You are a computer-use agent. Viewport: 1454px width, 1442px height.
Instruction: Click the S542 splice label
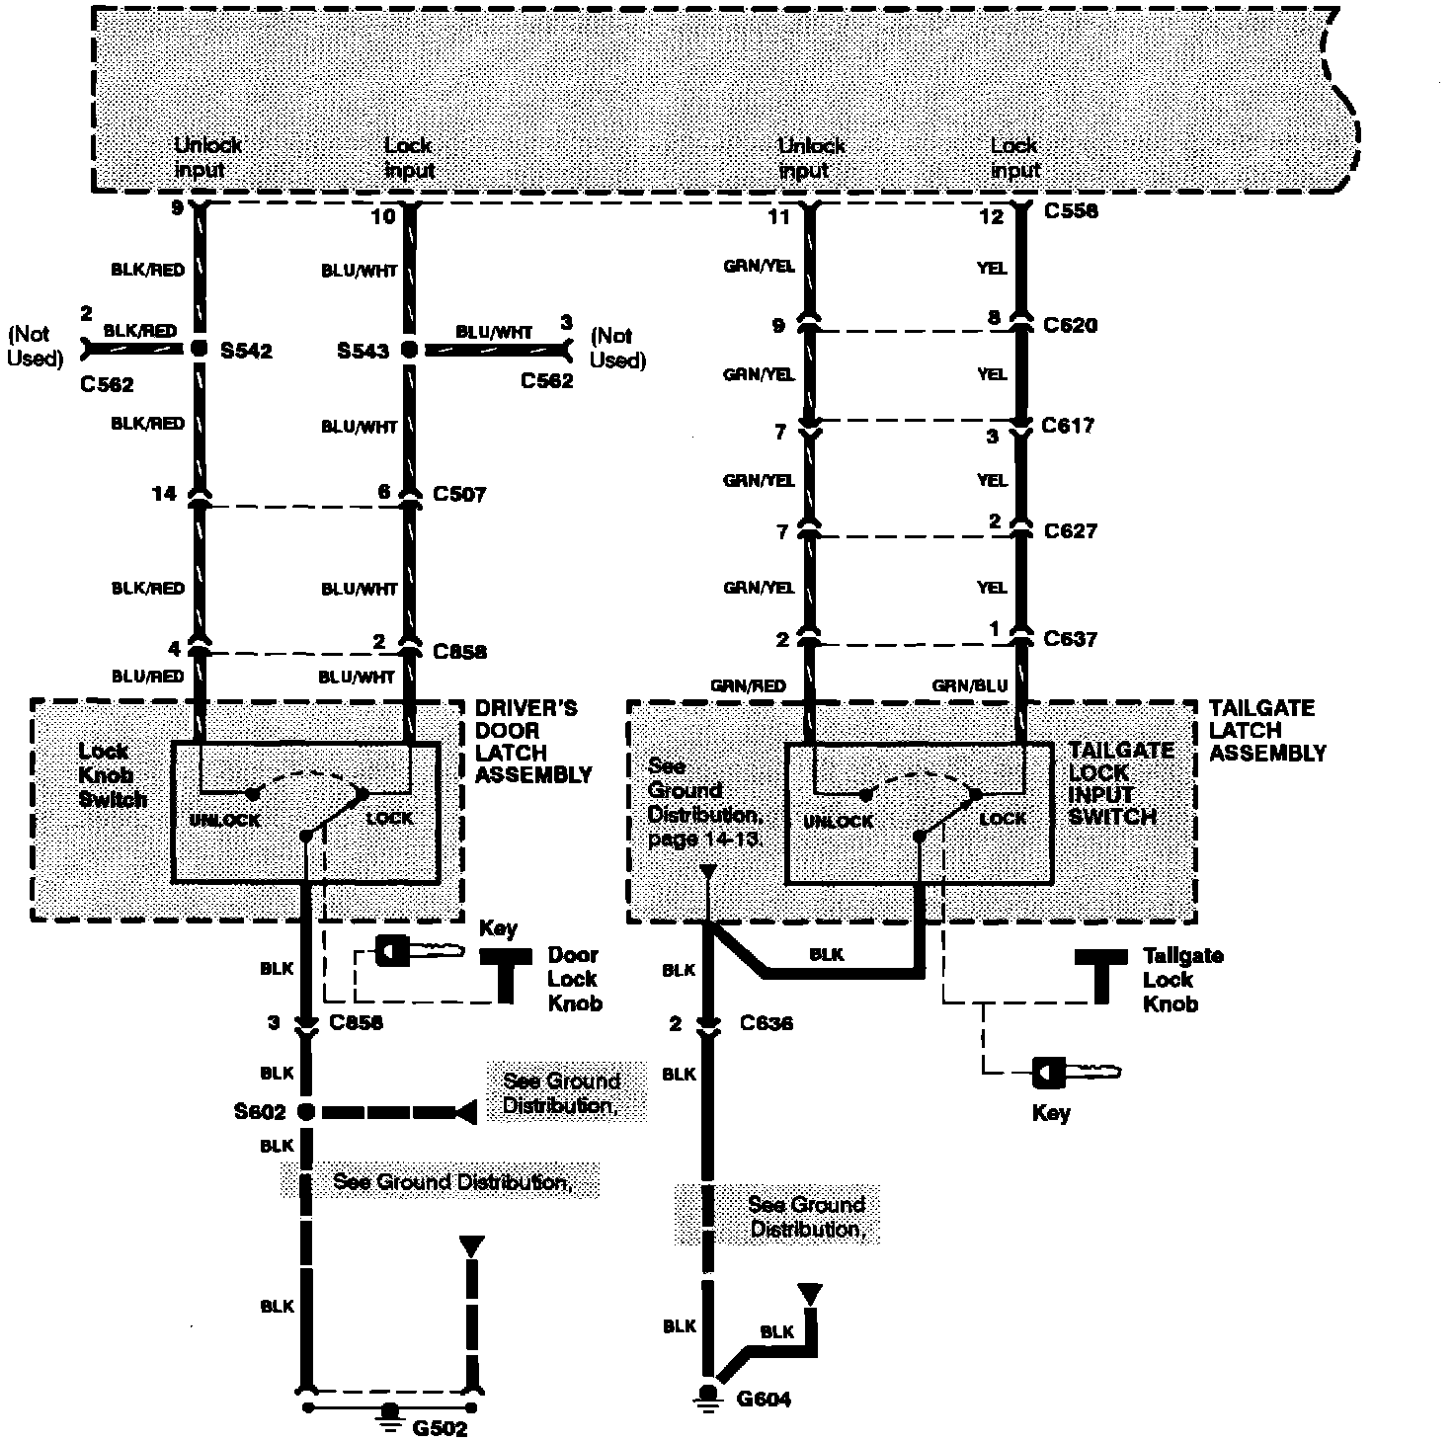pos(246,350)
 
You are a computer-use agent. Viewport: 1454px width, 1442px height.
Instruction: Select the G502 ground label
pos(440,1428)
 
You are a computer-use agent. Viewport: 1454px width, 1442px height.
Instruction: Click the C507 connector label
pos(459,493)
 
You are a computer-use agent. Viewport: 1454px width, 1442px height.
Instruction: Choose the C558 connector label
pos(1070,211)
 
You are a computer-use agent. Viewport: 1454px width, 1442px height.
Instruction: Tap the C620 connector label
pos(1071,325)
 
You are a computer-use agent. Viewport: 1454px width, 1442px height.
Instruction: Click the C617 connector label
pos(1068,426)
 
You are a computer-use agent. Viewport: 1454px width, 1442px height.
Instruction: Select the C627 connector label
pos(1071,531)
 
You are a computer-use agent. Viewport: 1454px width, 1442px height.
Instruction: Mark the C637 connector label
pos(1071,639)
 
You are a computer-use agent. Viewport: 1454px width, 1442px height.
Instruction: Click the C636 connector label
pos(767,1023)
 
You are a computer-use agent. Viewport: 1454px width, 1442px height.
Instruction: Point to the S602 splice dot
pos(306,1112)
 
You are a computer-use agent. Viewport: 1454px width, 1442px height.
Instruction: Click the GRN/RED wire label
pos(747,686)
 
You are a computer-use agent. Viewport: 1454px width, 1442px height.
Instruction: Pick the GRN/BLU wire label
pos(969,686)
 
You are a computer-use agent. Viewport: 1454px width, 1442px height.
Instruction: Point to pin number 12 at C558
pos(991,216)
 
